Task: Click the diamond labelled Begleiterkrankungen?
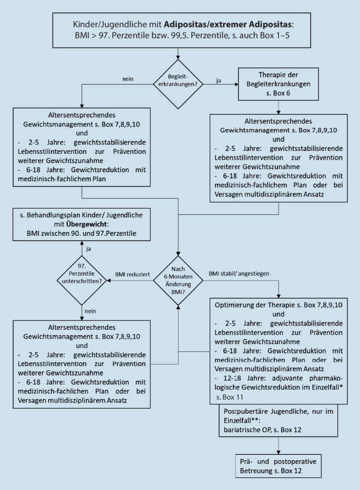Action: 179,82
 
